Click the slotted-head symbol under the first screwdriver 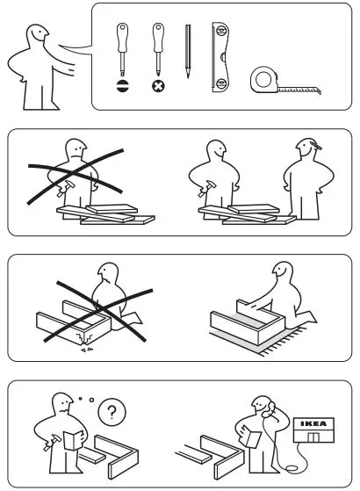122,88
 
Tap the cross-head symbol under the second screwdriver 157,88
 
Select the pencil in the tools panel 187,53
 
